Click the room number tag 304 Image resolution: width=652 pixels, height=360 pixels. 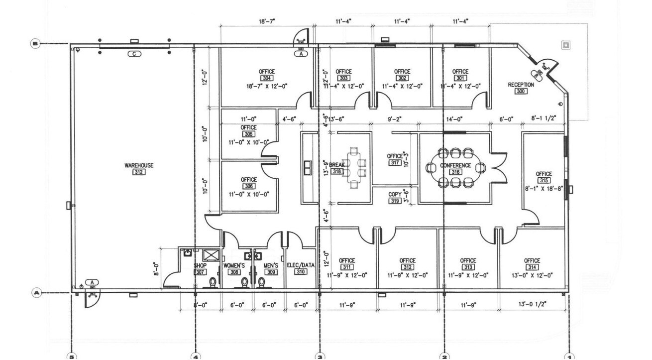(x=267, y=79)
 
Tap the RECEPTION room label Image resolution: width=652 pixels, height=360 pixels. (x=521, y=85)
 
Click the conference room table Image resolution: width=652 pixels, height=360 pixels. (x=455, y=168)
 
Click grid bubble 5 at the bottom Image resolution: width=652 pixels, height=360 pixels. (x=72, y=356)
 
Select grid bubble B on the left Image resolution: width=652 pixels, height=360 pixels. (x=35, y=44)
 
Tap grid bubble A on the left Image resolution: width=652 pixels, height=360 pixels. (x=36, y=293)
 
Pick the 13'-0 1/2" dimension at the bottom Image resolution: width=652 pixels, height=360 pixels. (x=532, y=305)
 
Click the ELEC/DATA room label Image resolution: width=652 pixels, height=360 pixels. (x=301, y=265)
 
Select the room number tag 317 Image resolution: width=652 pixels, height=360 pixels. (x=395, y=163)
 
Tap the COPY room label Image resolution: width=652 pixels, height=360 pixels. (x=395, y=194)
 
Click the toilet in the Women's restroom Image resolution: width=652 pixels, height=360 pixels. (x=245, y=282)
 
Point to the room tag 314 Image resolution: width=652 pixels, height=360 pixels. (x=532, y=267)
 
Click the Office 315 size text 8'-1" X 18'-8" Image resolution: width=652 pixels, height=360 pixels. (x=543, y=188)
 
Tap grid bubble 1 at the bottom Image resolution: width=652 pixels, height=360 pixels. (x=569, y=356)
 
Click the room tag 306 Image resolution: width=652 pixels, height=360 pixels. (x=248, y=187)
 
